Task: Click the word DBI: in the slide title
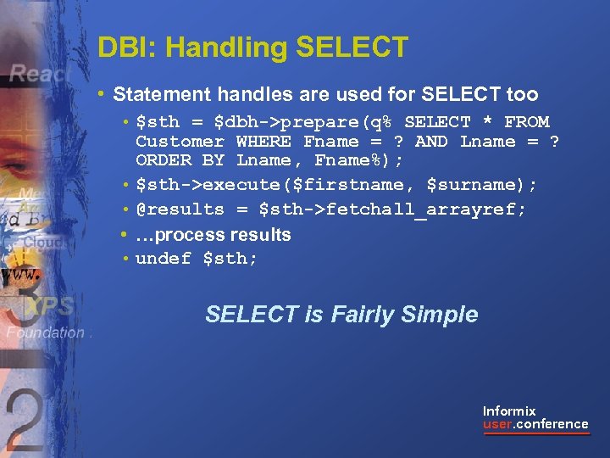pos(120,47)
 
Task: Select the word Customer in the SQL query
pos(180,142)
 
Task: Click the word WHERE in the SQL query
pos(263,142)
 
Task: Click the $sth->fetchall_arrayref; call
pos(392,209)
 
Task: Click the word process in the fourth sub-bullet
pos(186,235)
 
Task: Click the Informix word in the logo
pos(509,411)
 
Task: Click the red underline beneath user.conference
pos(535,434)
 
